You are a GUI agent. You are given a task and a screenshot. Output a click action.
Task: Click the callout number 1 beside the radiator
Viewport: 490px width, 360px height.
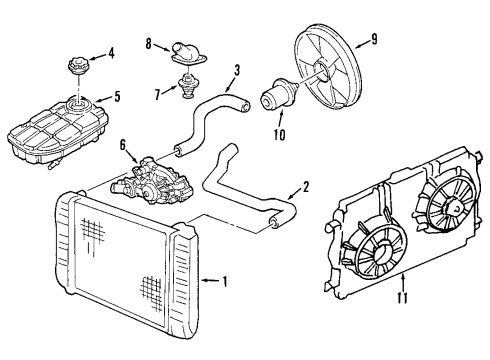pyautogui.click(x=226, y=280)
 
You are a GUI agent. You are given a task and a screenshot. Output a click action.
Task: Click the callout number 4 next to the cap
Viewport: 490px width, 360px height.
pyautogui.click(x=111, y=52)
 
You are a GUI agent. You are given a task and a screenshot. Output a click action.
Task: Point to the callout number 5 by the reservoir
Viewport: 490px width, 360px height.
pyautogui.click(x=117, y=97)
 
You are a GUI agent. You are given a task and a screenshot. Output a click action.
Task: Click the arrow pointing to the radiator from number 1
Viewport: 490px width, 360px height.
pyautogui.click(x=208, y=280)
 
